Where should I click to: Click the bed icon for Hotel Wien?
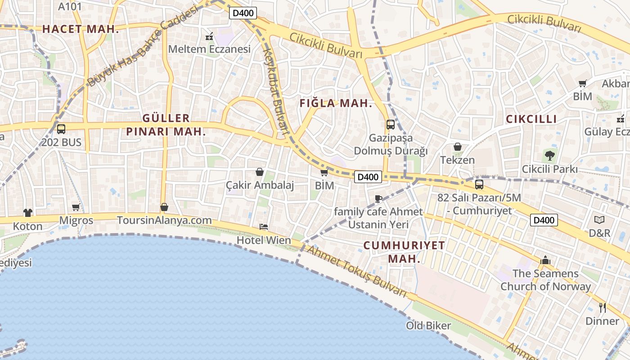264,227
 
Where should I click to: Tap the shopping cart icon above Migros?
76,207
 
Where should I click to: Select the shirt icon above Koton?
28,212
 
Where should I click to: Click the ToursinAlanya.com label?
164,220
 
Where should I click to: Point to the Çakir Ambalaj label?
260,185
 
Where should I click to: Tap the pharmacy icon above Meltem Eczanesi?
209,36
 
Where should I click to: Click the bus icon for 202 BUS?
61,129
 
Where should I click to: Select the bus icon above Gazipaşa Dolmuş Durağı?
391,125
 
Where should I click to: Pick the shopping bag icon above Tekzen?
458,147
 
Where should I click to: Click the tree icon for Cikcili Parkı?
549,156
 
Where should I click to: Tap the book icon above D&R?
599,220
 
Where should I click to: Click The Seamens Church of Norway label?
545,280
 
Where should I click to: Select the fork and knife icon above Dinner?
603,308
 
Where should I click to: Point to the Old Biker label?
428,325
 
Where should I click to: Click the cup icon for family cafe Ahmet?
378,198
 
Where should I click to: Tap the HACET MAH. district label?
81,29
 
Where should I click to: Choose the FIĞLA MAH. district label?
336,103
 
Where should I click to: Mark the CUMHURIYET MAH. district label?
404,252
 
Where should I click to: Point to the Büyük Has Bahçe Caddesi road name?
142,47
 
